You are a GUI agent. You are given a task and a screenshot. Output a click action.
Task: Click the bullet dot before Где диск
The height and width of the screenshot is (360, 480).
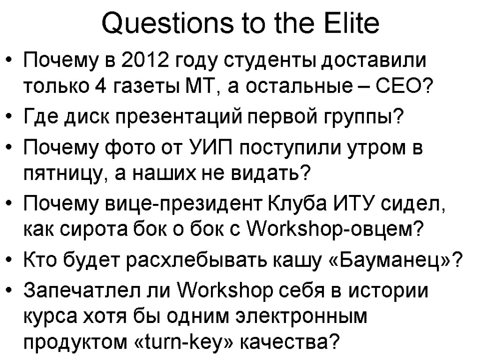12,115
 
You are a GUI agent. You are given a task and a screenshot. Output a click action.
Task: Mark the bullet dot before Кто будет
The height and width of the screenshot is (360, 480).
12,259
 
